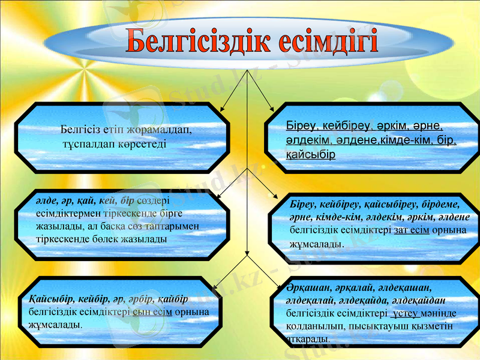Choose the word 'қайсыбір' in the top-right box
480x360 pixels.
(310, 154)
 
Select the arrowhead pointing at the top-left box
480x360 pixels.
(220, 110)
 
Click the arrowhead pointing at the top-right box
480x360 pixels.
(274, 110)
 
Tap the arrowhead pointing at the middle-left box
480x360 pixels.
(218, 194)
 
